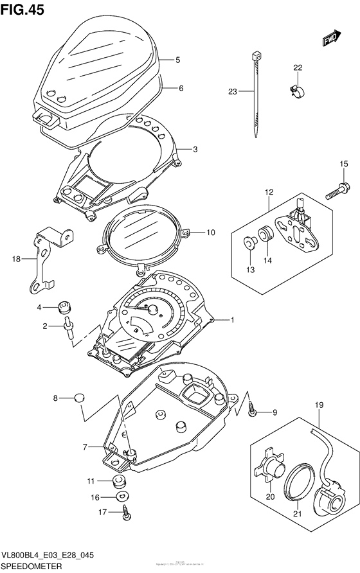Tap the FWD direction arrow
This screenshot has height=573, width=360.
pos(330,40)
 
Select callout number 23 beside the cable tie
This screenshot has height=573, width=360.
pos(232,92)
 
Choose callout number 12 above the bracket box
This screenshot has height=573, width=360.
pos(268,191)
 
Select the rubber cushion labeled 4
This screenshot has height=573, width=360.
pos(64,306)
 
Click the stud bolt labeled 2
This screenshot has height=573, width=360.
pos(67,328)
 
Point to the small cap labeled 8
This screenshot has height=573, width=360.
pos(78,398)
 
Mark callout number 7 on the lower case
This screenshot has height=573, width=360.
pos(84,447)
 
